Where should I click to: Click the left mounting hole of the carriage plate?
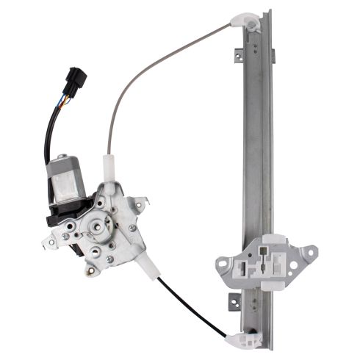[222, 261]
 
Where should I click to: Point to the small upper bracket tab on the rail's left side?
[238, 52]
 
